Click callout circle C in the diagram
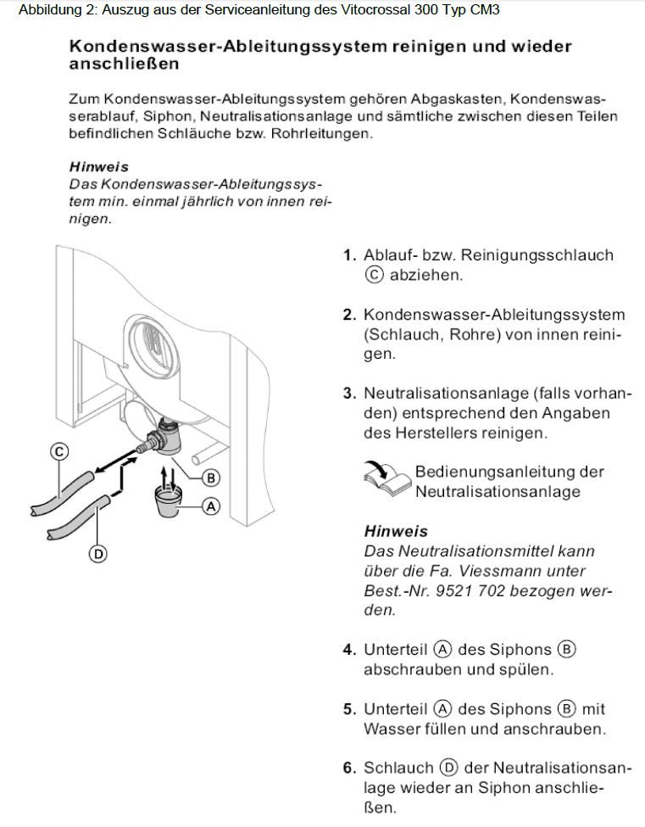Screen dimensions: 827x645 58,452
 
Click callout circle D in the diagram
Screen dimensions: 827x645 97,554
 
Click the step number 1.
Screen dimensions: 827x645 348,255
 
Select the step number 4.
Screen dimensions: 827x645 348,650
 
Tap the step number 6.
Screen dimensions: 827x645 348,768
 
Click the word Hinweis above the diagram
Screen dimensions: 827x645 98,167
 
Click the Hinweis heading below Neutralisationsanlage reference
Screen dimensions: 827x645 396,532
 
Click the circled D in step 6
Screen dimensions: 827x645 449,768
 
